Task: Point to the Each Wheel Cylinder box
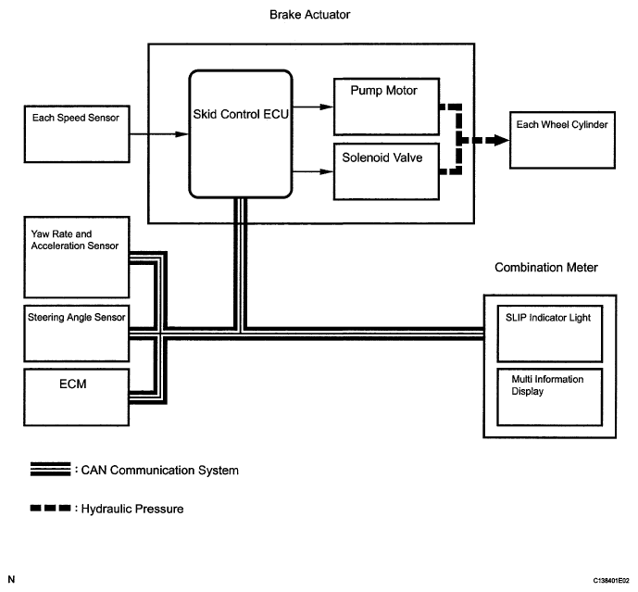tap(560, 139)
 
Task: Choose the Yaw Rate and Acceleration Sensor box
tap(73, 265)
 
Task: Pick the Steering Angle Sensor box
tap(73, 332)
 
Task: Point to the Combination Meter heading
tap(546, 268)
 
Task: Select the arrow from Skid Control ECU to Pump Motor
tap(313, 107)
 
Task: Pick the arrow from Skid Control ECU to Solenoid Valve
tap(313, 170)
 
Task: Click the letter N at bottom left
tap(11, 580)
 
